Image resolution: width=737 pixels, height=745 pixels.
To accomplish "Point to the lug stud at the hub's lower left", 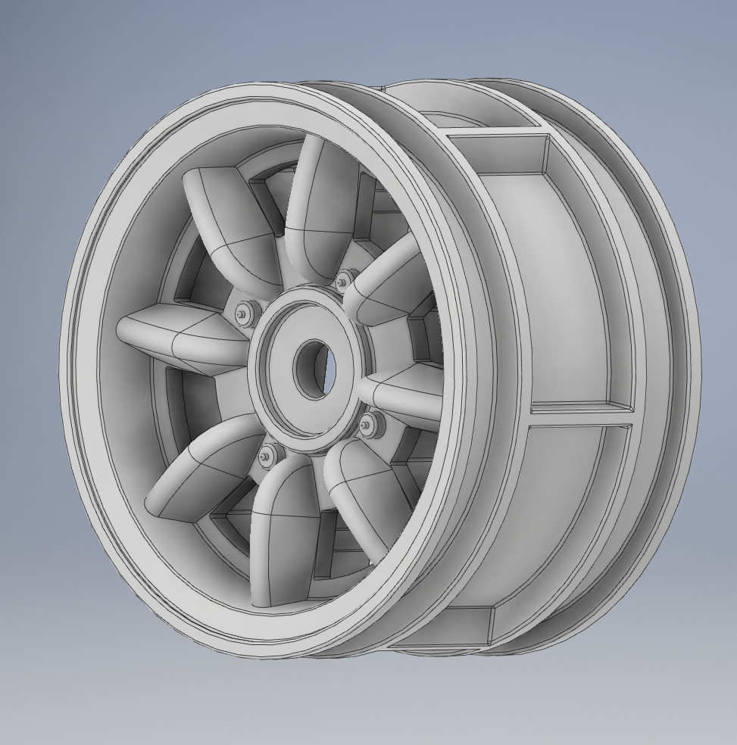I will pyautogui.click(x=267, y=455).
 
